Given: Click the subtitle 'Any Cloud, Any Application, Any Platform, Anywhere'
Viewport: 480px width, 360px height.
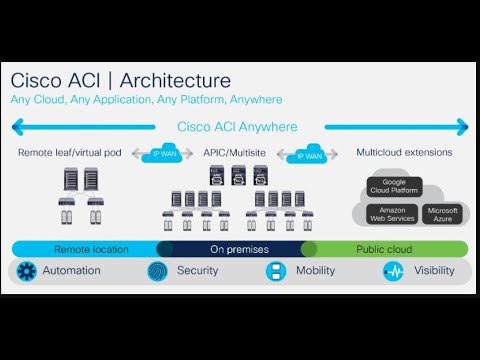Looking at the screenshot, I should tap(147, 100).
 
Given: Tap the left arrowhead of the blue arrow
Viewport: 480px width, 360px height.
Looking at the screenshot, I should tap(16, 127).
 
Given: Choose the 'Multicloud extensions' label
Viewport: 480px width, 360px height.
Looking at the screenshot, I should tap(404, 153).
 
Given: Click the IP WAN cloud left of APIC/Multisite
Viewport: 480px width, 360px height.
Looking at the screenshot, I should tap(163, 154).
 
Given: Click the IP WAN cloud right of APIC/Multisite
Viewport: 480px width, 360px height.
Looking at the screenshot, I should tap(305, 154).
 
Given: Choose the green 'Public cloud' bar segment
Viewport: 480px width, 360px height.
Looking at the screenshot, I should tap(385, 248).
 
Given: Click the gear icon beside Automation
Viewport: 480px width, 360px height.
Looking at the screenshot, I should tap(27, 271).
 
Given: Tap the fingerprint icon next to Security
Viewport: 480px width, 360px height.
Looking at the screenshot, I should tap(158, 271).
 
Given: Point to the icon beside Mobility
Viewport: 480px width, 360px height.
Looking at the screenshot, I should tap(276, 271).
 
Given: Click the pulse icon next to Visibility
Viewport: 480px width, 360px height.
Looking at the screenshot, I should tap(393, 271).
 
